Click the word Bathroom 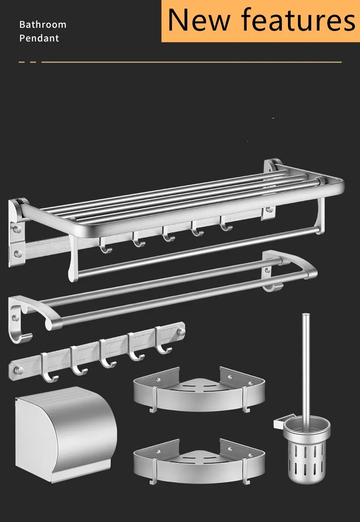[x=43, y=25]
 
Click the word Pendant [x=39, y=38]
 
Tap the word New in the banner [x=199, y=20]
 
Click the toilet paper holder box [x=66, y=434]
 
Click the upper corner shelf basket [x=199, y=389]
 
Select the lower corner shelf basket [x=199, y=461]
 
